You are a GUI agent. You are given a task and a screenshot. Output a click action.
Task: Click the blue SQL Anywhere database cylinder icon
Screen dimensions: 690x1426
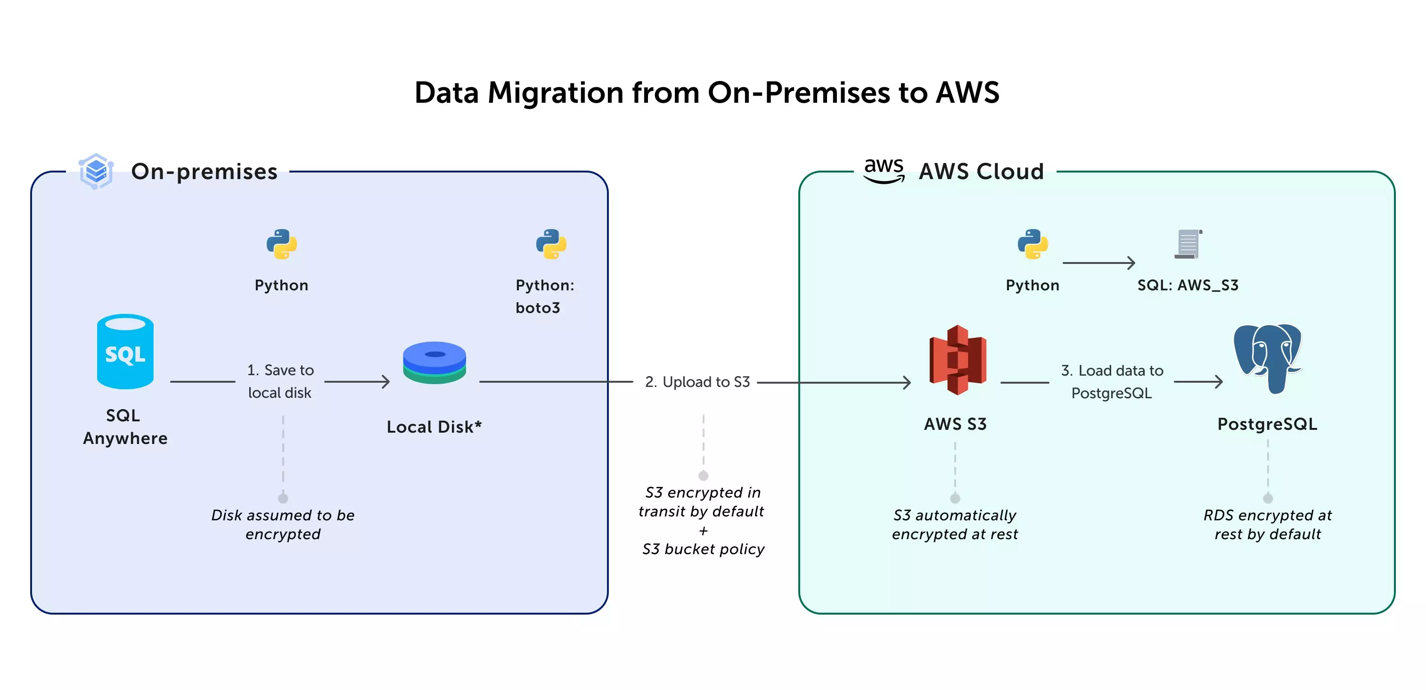[x=125, y=352]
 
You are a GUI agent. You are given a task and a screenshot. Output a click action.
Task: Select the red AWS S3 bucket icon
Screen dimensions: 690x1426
[x=958, y=360]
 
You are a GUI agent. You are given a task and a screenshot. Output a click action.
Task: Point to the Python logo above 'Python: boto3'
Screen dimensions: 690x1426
[x=551, y=244]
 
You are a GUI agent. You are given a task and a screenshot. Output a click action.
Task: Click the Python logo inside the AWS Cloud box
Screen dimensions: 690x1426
[x=1033, y=244]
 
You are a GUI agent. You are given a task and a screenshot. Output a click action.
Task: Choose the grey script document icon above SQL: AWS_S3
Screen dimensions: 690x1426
[x=1188, y=244]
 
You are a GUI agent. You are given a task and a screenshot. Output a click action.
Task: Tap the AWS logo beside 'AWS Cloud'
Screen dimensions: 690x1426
[x=884, y=170]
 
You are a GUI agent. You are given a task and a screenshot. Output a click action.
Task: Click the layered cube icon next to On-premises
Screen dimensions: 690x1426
[x=96, y=171]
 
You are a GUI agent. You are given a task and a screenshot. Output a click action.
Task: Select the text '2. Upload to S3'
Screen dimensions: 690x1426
[x=697, y=382]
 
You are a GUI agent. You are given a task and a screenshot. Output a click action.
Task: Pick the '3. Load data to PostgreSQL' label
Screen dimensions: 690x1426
[x=1112, y=382]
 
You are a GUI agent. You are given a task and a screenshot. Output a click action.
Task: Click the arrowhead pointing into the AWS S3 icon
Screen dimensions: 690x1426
[x=906, y=382]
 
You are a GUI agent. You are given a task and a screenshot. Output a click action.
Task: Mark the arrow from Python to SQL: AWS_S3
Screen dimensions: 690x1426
[x=1099, y=263]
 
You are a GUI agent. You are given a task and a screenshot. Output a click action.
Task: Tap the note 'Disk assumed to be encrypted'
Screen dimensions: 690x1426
[x=283, y=524]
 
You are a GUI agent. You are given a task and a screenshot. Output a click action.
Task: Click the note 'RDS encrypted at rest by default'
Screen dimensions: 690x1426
[x=1268, y=524]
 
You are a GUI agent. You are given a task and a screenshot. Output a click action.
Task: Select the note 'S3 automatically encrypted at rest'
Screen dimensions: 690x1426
[x=955, y=524]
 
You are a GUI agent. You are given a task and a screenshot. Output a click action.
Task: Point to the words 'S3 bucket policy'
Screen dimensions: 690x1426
[x=703, y=549]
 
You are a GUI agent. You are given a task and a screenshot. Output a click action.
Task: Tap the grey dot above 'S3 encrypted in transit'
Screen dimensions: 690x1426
[x=704, y=476]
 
